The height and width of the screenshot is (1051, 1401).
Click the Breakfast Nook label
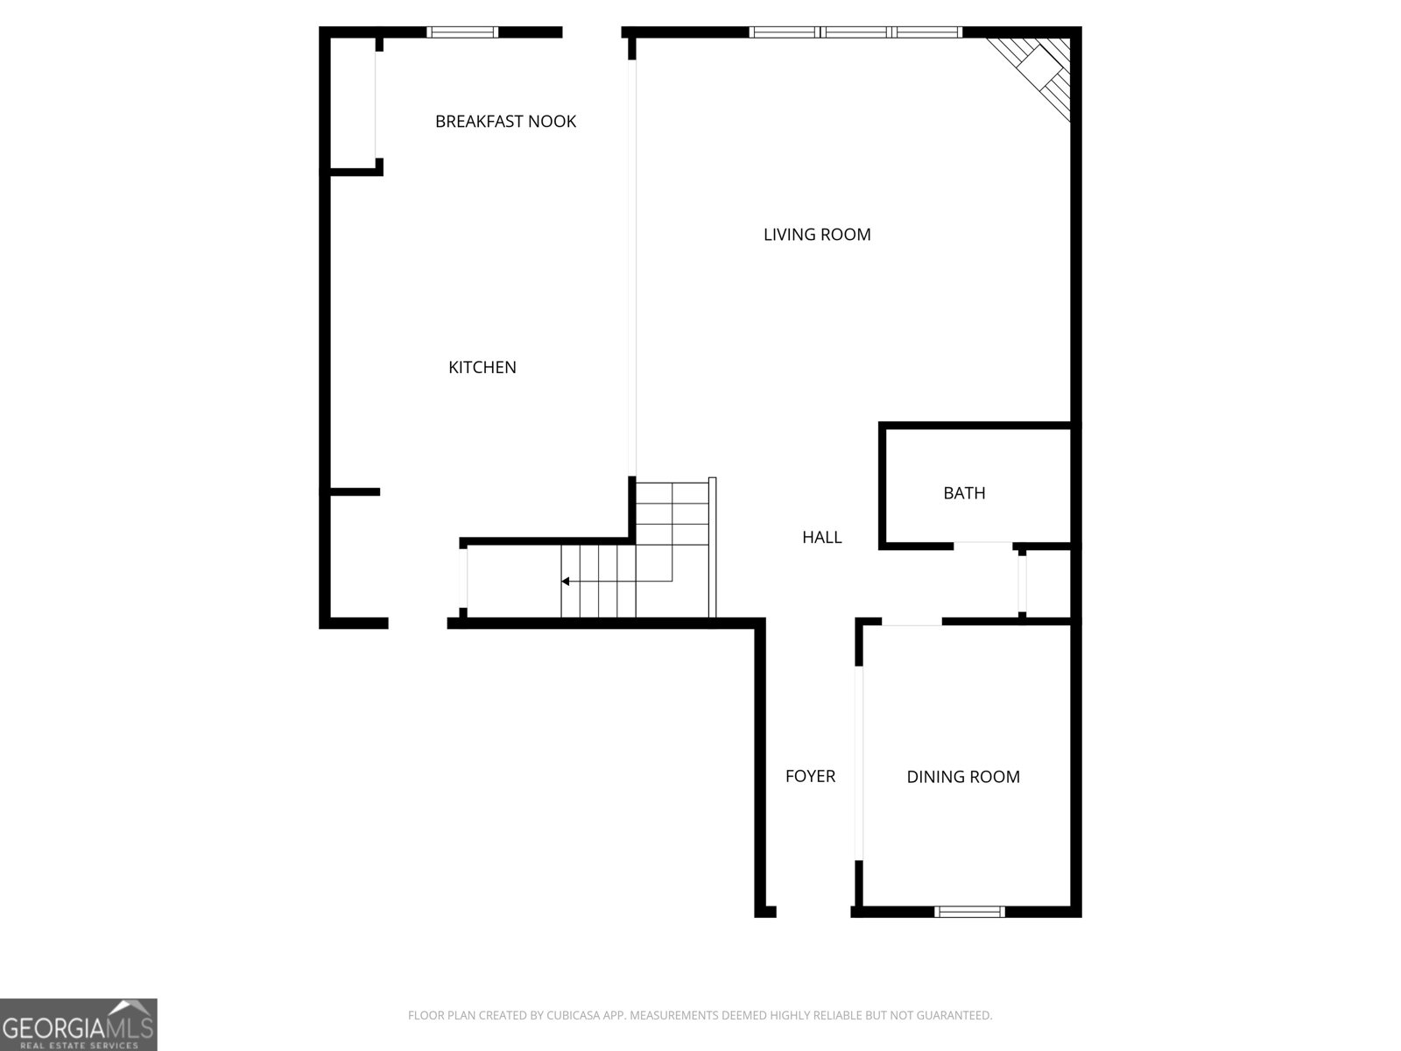505,121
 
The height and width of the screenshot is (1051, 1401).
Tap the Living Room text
817,235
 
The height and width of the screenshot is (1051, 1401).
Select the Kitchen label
482,368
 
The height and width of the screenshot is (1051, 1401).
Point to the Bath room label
964,493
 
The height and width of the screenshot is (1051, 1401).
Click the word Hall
821,538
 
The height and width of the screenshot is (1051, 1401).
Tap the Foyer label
810,776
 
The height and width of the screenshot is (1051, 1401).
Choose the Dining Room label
963,777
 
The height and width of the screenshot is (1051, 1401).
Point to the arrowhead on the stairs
566,581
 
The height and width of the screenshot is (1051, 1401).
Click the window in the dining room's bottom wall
968,912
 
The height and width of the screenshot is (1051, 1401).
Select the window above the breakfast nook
462,32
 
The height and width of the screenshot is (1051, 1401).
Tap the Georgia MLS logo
78,1025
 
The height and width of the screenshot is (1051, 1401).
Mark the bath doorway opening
982,546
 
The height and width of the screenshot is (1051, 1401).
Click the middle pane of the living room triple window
856,32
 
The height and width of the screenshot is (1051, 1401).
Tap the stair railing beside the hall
713,547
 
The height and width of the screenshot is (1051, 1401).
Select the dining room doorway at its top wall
912,622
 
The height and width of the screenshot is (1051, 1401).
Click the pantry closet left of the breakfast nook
352,103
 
